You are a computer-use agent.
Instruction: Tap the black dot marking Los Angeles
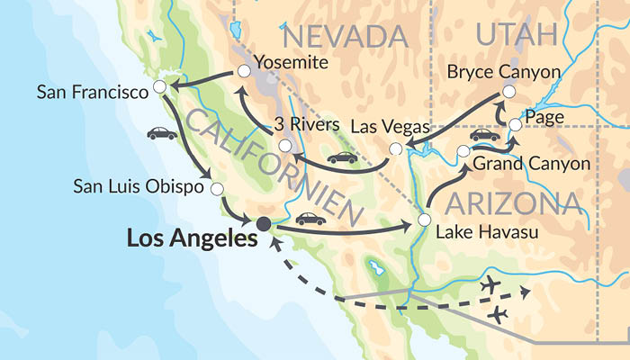[264, 223]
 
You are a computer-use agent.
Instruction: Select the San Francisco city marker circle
[159, 86]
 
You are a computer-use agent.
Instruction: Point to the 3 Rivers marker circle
[284, 145]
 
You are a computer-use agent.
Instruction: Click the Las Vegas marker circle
[395, 148]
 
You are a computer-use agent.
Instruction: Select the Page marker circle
[515, 124]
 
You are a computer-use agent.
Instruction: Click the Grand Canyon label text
[531, 164]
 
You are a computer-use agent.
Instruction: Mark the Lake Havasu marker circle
[423, 219]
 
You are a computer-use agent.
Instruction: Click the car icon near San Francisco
[162, 133]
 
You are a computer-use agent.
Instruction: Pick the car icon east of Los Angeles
[310, 218]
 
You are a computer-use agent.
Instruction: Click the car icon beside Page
[484, 135]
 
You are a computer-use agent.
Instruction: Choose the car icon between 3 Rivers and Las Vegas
[342, 157]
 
